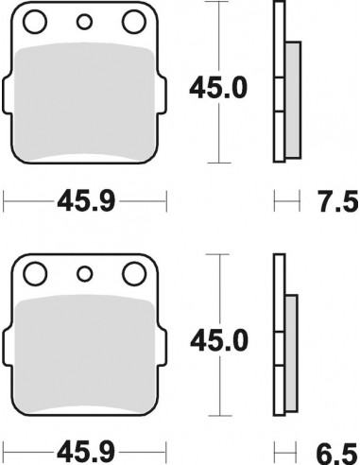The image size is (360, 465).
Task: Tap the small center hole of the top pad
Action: pos(84,24)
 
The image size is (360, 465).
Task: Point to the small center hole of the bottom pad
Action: pos(84,276)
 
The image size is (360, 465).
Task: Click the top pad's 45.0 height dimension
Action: pos(220,88)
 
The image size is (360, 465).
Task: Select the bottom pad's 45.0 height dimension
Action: pos(220,338)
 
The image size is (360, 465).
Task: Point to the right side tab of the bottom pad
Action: pos(162,348)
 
